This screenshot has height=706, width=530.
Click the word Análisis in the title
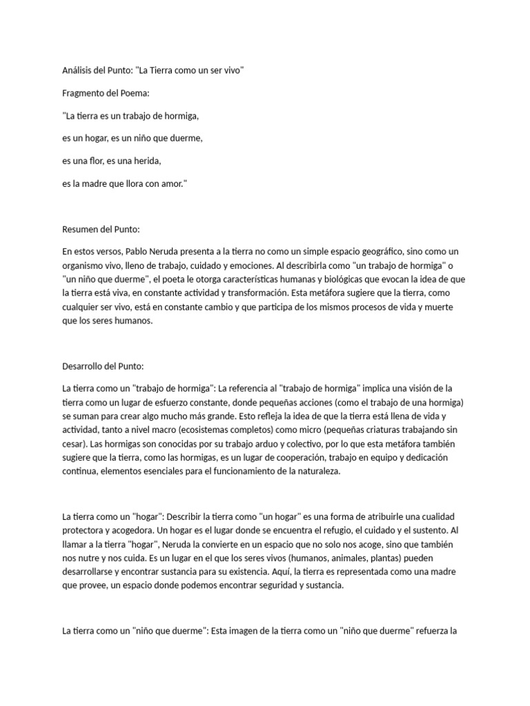(x=77, y=70)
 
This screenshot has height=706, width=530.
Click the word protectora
(x=85, y=531)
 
